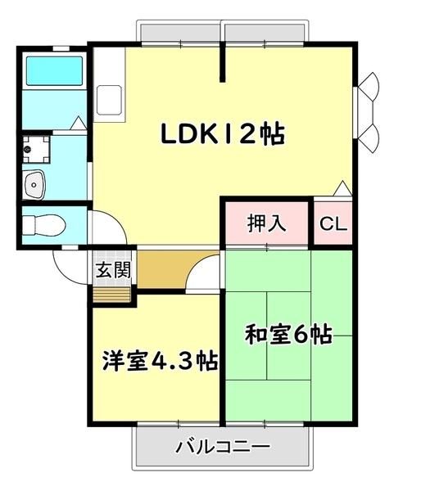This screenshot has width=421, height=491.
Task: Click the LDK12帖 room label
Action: [x=223, y=133]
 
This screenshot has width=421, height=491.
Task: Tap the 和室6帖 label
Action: [x=288, y=335]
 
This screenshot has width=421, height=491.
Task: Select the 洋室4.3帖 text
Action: [x=161, y=361]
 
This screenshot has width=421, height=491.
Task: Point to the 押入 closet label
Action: [x=267, y=223]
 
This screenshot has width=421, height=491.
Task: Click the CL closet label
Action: [x=333, y=223]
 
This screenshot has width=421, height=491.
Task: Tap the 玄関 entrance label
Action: [x=113, y=269]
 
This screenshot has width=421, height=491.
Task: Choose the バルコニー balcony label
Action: [x=223, y=447]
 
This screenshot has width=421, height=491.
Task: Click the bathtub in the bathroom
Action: [x=55, y=71]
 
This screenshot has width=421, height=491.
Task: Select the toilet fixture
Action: [x=44, y=225]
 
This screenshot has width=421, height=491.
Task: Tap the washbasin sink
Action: [x=34, y=185]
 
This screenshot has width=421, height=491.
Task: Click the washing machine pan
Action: [x=36, y=150]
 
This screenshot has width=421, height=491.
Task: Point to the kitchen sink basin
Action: [x=109, y=100]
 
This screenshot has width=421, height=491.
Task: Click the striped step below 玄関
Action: [x=112, y=295]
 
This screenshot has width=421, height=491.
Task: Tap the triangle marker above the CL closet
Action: [x=342, y=188]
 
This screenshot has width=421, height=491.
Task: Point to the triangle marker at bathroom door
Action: [x=78, y=123]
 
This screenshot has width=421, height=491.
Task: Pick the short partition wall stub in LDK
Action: [x=222, y=61]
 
